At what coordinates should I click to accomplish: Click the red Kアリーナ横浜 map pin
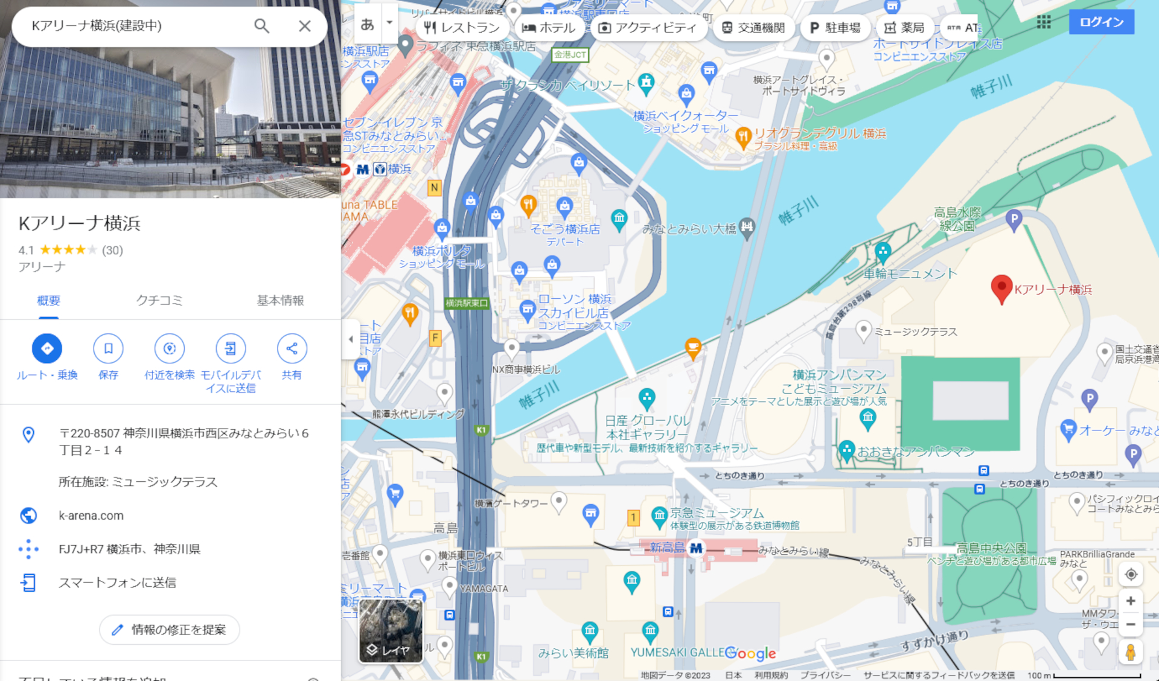point(1001,289)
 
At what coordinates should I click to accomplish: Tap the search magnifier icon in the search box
point(261,26)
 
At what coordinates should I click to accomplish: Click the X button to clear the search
point(305,26)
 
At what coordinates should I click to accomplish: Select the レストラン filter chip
point(462,28)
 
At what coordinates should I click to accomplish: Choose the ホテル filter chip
point(549,28)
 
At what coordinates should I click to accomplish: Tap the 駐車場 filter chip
point(835,28)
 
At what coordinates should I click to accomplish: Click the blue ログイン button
point(1101,22)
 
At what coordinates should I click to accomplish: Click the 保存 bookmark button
point(108,349)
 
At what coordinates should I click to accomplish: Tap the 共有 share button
point(292,349)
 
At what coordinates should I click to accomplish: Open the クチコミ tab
point(159,301)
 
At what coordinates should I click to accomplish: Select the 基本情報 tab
point(280,301)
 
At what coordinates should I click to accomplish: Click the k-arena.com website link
point(91,516)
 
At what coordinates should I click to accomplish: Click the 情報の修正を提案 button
point(170,630)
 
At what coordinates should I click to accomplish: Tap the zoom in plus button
point(1131,601)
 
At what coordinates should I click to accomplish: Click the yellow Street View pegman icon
point(1131,652)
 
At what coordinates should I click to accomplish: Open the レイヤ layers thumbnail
point(391,631)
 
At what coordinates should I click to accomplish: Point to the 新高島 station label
point(667,548)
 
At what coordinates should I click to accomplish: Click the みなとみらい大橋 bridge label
point(689,229)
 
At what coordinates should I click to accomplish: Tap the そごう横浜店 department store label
point(565,229)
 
